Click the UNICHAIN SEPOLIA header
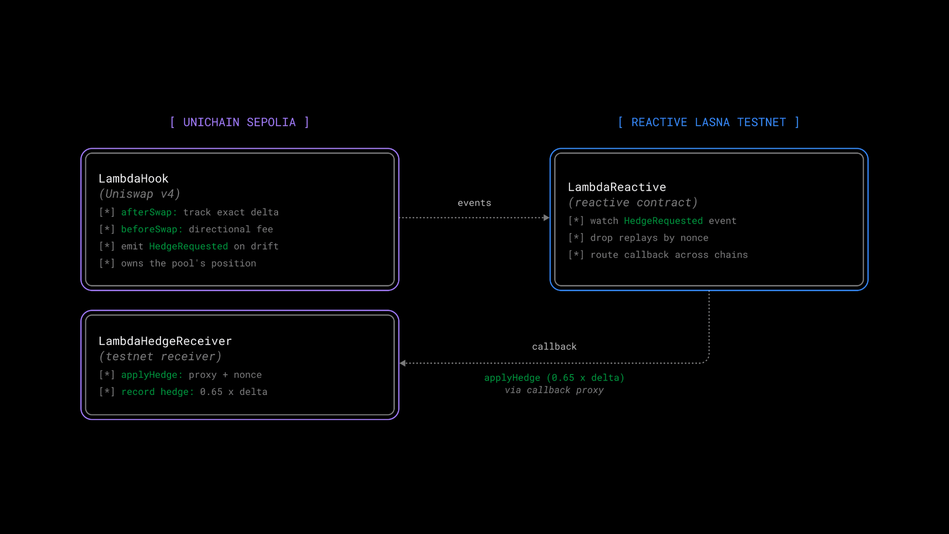[x=240, y=122]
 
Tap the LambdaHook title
[x=133, y=178]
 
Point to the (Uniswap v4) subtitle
[x=140, y=194]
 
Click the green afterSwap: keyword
[x=149, y=212]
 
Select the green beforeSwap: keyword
[x=152, y=229]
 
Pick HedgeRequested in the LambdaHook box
[x=188, y=246]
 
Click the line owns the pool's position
[x=188, y=263]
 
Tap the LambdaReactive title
[x=617, y=187]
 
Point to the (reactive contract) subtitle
[x=633, y=203]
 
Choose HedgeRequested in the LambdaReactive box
[x=663, y=221]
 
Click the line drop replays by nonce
[x=649, y=238]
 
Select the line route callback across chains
[x=669, y=255]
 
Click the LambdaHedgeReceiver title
[x=165, y=341]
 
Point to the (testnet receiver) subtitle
[x=160, y=356]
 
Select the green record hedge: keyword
[x=158, y=392]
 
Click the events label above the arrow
[x=474, y=203]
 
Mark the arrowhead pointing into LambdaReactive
[x=547, y=218]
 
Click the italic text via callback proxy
[x=554, y=390]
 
